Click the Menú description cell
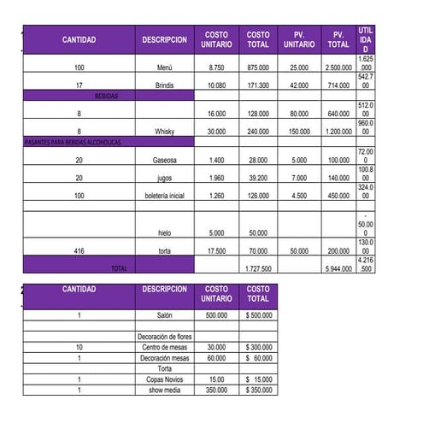[164, 67]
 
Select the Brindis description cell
[164, 85]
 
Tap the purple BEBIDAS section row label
[108, 97]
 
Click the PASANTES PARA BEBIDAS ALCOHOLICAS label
[73, 141]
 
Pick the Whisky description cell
[164, 132]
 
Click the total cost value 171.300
[257, 85]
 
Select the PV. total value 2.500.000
[338, 67]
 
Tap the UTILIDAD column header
[366, 40]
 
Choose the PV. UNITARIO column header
[298, 40]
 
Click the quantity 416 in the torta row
[79, 251]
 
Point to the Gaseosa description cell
[164, 160]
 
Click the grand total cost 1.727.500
[257, 268]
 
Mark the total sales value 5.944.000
[338, 268]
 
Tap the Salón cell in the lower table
[164, 315]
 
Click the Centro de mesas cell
[164, 347]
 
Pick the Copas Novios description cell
[164, 379]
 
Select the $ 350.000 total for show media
[257, 390]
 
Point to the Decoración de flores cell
[164, 337]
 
